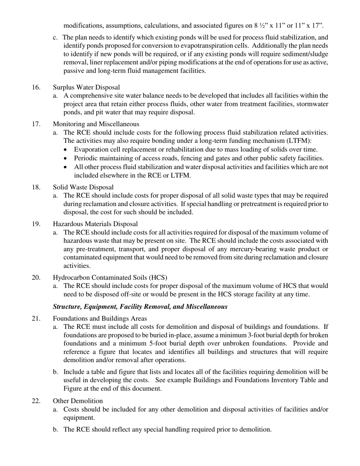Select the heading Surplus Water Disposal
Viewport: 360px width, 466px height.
click(x=86, y=88)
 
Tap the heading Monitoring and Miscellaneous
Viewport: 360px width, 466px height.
click(x=96, y=124)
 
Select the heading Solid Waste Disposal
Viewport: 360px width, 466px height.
click(x=83, y=187)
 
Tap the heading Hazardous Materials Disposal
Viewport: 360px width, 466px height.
click(x=95, y=224)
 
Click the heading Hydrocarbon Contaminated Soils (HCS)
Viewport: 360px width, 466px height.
click(x=110, y=277)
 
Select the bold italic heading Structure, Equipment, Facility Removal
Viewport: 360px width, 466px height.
click(x=140, y=306)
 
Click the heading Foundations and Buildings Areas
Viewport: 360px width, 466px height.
click(x=100, y=318)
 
